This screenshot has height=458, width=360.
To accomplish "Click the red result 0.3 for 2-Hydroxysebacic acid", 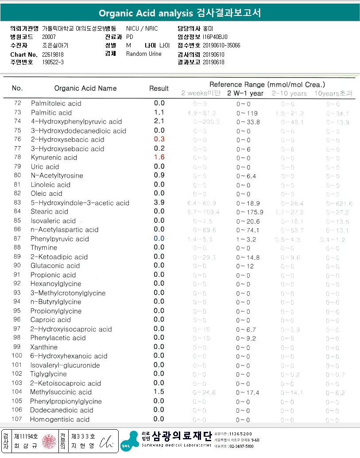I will pos(159,140).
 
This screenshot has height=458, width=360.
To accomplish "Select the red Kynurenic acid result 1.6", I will pos(159,158).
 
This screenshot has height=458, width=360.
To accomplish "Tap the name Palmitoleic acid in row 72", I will pos(56,103).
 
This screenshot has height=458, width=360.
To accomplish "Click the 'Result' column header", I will pos(159,88).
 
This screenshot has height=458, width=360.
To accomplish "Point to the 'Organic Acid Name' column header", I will pos(85,88).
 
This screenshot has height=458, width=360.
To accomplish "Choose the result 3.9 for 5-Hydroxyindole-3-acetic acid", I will pos(159,203).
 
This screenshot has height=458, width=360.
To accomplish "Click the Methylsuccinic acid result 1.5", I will pos(159,392).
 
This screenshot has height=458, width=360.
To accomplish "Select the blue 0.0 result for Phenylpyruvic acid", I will pos(159,239).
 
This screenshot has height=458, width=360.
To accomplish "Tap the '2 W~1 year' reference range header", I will pos(245,93).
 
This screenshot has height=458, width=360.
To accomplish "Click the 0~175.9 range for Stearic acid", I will pos(250,212).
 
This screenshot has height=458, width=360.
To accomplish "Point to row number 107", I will pos(17,419).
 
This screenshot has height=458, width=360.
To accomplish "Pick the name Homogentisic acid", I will pos(60,419).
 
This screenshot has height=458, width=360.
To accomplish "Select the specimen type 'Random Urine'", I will pos(143,54).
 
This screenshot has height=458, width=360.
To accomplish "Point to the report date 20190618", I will pos(213,62).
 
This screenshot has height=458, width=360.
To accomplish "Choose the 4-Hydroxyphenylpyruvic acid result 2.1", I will pos(159,121).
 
